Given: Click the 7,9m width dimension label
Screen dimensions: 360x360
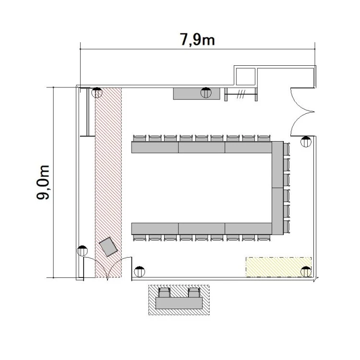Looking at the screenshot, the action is pos(197,40).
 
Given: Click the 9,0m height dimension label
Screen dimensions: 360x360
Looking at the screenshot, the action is pos(43,182).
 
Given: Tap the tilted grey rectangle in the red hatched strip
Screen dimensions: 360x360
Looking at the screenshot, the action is pos(108,247).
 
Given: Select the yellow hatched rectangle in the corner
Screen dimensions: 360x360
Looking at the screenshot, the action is pos(278,267).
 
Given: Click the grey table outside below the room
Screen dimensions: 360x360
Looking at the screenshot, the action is pos(179,303).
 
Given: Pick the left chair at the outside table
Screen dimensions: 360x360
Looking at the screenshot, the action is pos(164,292).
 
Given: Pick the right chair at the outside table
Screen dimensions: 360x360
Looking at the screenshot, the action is pos(194,292).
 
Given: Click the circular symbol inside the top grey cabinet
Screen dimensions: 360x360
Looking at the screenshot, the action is pos(206,93).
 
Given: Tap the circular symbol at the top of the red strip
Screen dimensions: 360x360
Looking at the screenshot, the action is pos(97,93).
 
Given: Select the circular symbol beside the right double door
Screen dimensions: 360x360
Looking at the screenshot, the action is pos(306,142).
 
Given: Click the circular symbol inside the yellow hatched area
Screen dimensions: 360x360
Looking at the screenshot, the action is pos(306,272).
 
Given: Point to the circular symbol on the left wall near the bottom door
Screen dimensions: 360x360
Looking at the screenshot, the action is pos(82,251).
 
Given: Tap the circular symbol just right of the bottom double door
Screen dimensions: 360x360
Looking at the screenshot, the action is pos(139,272).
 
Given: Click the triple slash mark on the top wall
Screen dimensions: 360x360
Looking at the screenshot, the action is pos(241,94).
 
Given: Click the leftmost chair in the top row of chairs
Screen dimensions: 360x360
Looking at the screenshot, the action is pos(140,138).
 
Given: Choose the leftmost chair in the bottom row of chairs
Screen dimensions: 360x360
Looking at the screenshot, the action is pos(140,238).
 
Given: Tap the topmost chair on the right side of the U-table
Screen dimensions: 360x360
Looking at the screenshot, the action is pos(286,149).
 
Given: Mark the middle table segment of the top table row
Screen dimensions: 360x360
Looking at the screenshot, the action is pos(202,147).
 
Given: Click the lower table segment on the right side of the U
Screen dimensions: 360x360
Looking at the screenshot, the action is pos(277,211).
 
